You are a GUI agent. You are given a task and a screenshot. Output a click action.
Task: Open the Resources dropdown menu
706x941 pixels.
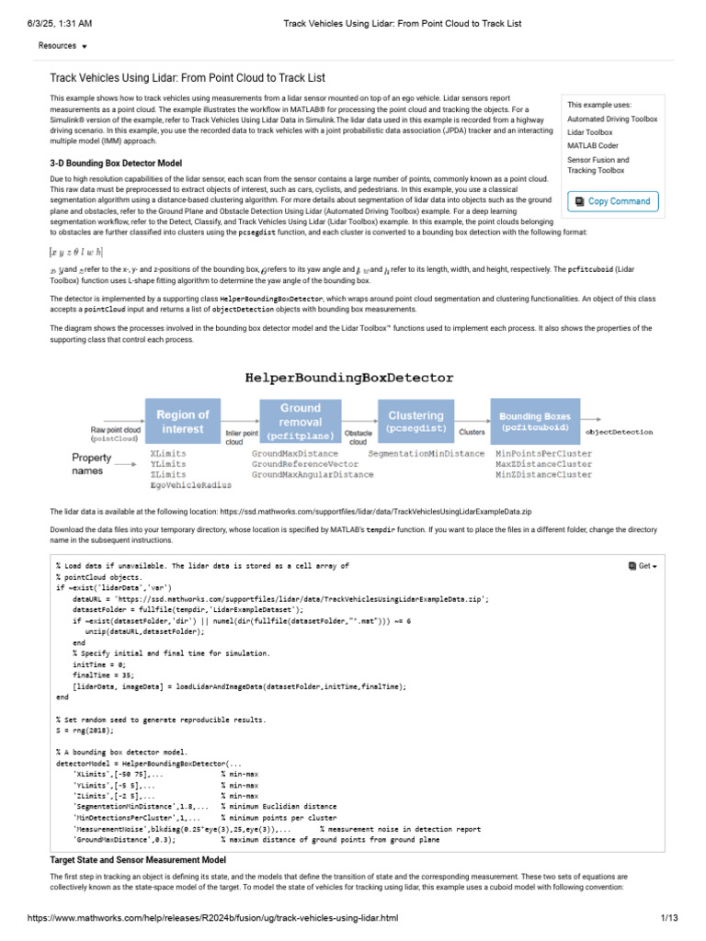pos(63,45)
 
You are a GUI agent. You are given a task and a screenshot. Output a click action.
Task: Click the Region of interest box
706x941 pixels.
pos(183,421)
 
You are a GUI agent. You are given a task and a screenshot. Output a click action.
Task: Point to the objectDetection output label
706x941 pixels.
pos(620,430)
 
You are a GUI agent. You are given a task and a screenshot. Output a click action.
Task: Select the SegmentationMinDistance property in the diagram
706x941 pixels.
pos(427,453)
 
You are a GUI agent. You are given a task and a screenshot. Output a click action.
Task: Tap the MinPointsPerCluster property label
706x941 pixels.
pos(543,453)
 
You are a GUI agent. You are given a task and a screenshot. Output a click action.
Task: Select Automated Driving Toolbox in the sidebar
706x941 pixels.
pos(612,119)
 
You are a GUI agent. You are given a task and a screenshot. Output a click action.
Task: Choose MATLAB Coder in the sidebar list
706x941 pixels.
pos(595,146)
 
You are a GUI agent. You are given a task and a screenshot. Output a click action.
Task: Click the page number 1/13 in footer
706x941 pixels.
pos(668,925)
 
